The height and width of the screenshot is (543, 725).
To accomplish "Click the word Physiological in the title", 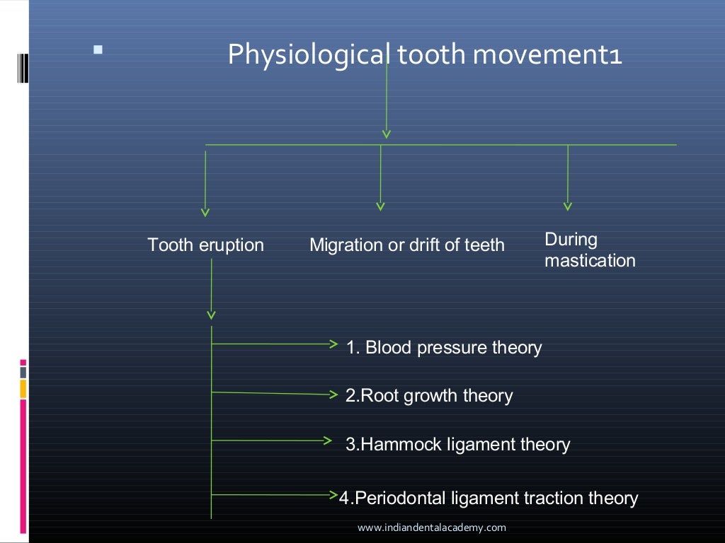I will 308,55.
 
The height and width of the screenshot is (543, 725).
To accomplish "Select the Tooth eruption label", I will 205,245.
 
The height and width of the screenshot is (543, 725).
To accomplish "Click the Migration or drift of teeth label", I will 407,245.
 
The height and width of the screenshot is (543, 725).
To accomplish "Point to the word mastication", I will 590,261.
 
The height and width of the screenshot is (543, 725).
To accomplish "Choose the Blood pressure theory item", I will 444,348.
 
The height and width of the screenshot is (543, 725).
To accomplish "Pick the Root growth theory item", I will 429,396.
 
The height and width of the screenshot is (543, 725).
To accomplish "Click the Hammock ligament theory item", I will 458,445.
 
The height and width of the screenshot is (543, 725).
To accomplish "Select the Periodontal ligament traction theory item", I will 489,498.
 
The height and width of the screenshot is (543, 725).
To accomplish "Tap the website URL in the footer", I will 432,527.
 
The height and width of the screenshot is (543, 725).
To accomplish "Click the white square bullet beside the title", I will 98,50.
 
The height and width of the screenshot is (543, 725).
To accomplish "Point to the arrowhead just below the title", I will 386,133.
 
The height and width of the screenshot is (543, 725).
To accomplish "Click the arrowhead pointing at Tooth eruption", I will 205,211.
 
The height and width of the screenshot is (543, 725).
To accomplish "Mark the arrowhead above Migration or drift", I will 381,206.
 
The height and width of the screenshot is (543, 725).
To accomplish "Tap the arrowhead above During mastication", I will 568,206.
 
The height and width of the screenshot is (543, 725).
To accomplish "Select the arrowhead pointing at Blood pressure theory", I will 333,344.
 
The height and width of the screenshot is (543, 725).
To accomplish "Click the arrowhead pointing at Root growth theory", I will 333,395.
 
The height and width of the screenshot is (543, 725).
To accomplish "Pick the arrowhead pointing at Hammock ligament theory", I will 327,440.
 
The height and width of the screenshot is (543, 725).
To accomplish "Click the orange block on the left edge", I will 23,389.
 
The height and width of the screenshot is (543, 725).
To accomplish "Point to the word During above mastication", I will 571,240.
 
